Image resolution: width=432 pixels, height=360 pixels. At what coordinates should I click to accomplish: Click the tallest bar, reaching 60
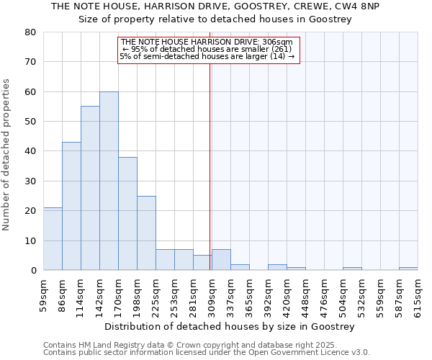tap(109, 181)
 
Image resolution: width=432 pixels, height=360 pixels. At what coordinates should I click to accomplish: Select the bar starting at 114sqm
tap(90, 188)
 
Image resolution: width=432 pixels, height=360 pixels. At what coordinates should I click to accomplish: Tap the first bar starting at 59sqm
tap(53, 238)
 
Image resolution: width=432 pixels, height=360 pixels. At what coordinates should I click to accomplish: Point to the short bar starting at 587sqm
tap(408, 269)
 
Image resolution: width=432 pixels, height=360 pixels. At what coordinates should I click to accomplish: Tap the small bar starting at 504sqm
tap(352, 269)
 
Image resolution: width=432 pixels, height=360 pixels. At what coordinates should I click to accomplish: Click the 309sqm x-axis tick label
tap(212, 293)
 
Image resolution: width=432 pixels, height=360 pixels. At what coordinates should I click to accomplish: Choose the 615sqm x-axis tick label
tap(418, 293)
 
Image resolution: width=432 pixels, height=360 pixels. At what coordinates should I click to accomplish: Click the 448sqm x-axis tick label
tap(305, 293)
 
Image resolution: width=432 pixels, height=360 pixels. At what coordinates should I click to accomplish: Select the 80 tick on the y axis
tap(30, 32)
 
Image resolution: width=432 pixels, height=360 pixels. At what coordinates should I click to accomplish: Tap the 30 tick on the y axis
tap(30, 181)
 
